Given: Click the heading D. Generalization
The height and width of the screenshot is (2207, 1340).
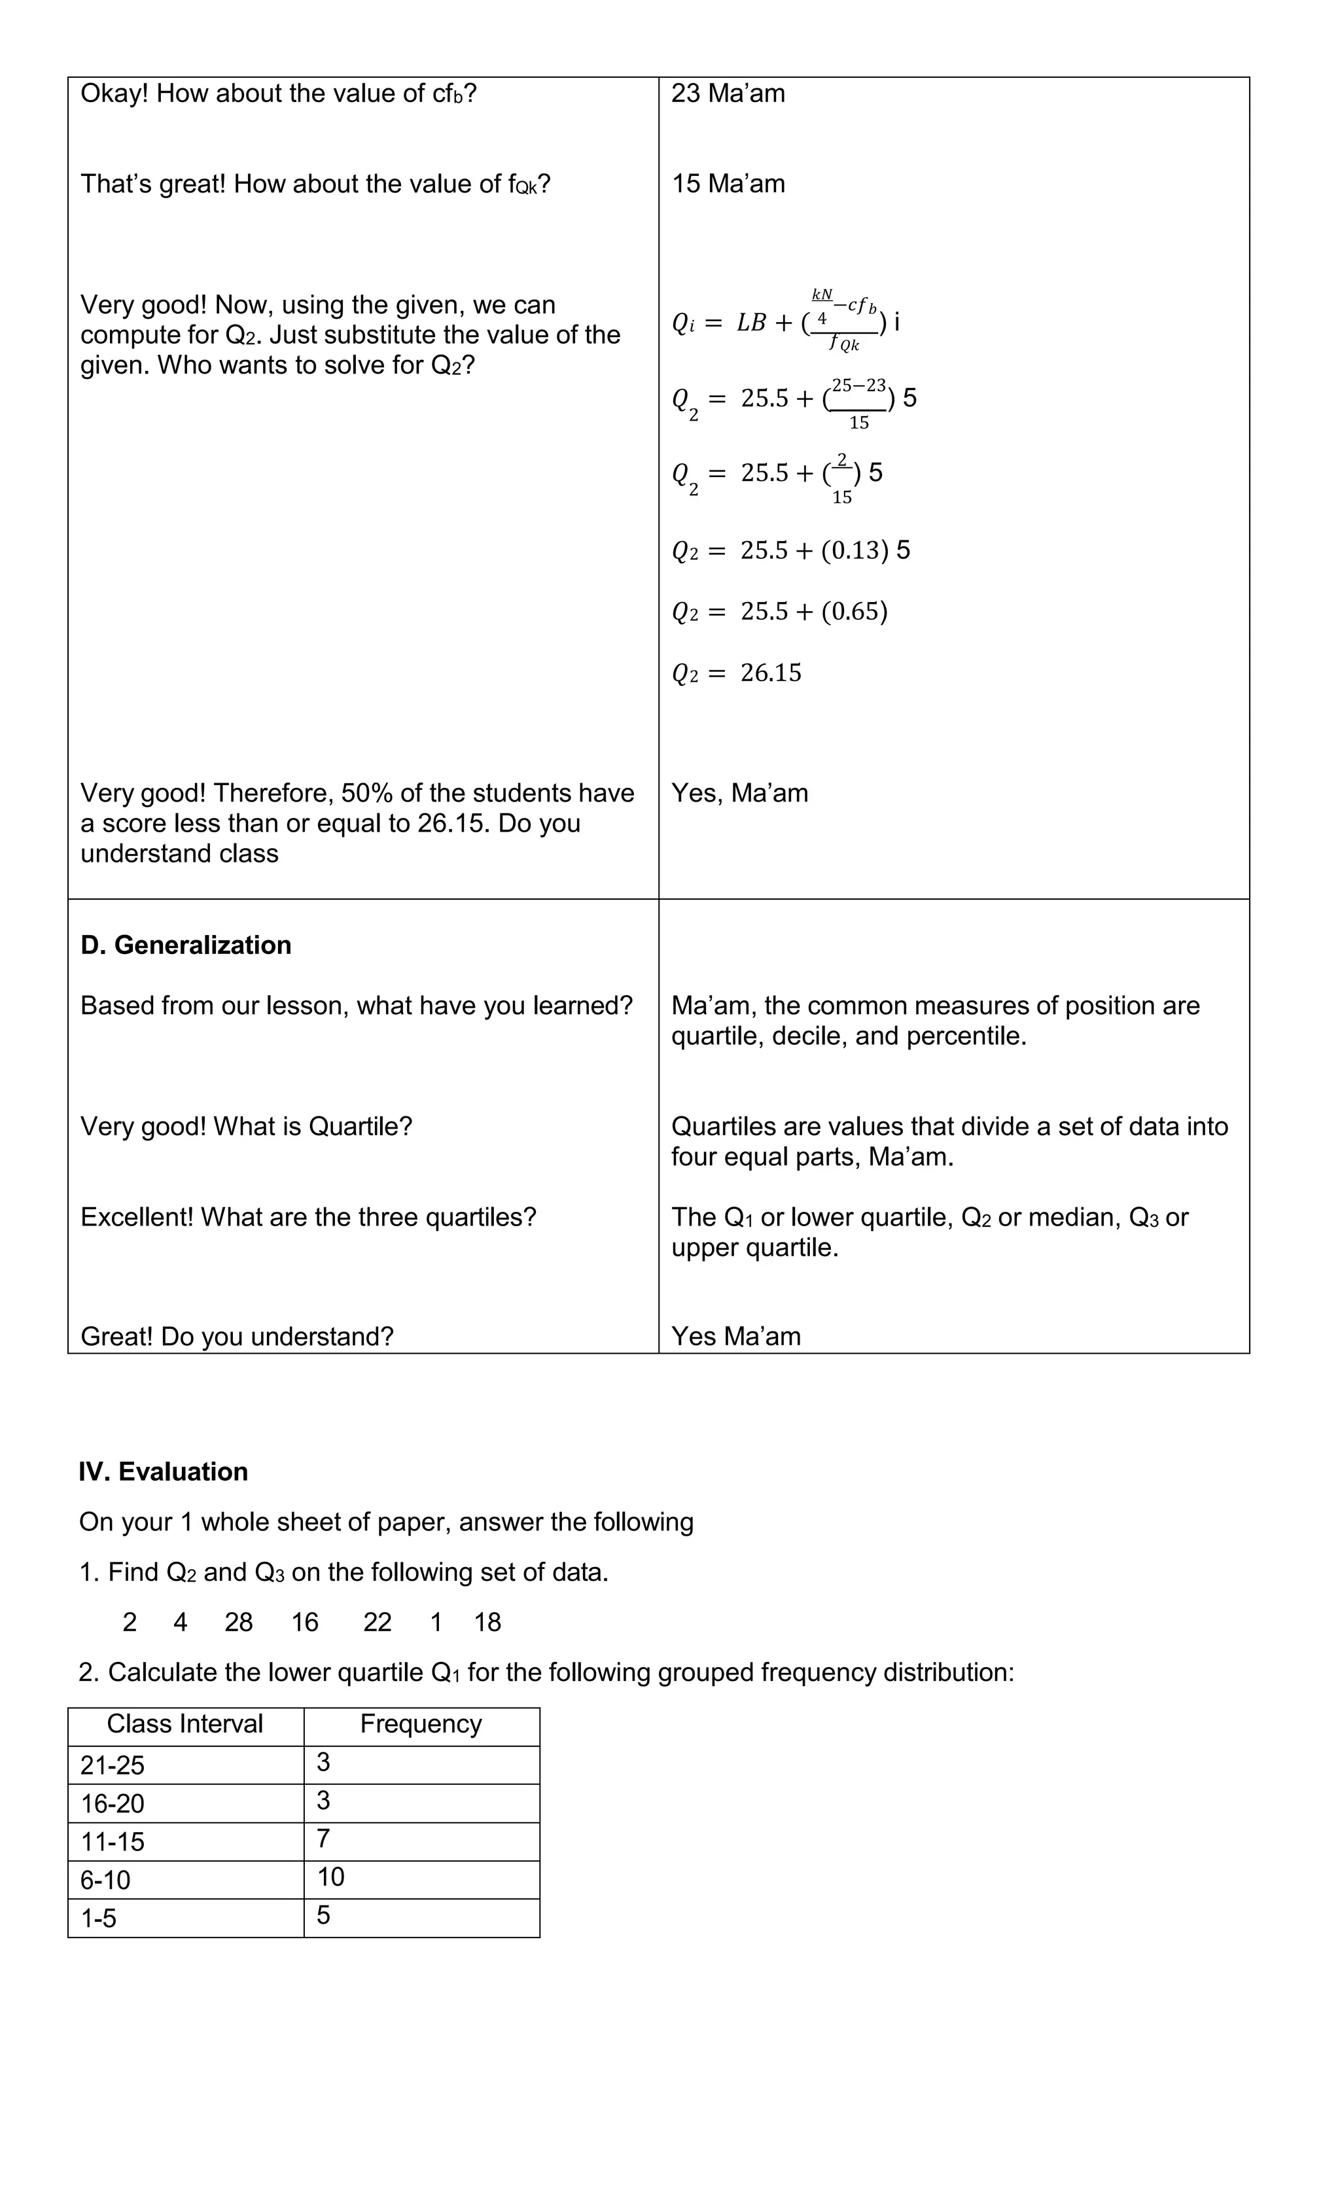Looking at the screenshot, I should [x=185, y=945].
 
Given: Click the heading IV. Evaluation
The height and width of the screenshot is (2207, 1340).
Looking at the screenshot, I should [x=163, y=1472].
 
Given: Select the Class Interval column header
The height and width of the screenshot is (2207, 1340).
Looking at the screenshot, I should [x=185, y=1723].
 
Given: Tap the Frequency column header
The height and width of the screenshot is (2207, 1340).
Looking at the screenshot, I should [x=421, y=1723].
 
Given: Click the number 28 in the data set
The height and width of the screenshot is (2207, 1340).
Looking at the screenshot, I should [x=238, y=1622].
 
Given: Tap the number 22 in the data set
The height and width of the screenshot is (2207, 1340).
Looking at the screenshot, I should [x=377, y=1622].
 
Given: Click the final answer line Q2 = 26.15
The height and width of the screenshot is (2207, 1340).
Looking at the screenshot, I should [x=736, y=673].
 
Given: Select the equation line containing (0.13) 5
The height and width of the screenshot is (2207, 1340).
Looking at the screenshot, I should [x=790, y=550].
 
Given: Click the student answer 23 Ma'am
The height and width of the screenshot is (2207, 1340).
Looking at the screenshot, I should [x=728, y=93].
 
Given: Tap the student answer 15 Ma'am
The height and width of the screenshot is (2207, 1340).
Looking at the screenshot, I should [x=728, y=184].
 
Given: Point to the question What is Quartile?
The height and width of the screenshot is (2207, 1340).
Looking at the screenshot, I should [x=313, y=1126].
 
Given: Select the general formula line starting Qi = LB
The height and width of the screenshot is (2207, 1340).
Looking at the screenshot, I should [x=786, y=321].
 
